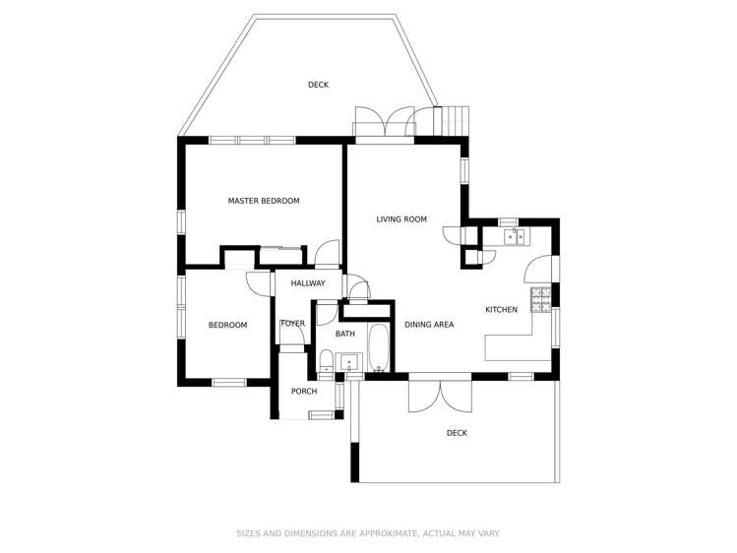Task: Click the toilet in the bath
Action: point(326,361)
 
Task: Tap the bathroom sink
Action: point(349,364)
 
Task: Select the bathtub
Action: point(379,349)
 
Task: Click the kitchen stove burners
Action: point(541,299)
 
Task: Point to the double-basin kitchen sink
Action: point(516,237)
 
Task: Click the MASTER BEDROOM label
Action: point(264,201)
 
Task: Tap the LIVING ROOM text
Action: point(401,219)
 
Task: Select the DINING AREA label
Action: point(429,324)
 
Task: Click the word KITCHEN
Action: point(501,310)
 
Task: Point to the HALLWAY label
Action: point(307,283)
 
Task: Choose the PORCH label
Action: point(304,392)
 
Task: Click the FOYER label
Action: point(292,323)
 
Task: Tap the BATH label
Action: point(345,335)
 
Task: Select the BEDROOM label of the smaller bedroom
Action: point(227,325)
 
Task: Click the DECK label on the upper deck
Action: point(318,85)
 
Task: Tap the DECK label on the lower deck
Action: point(457,433)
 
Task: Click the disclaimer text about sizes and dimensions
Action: point(368,533)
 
